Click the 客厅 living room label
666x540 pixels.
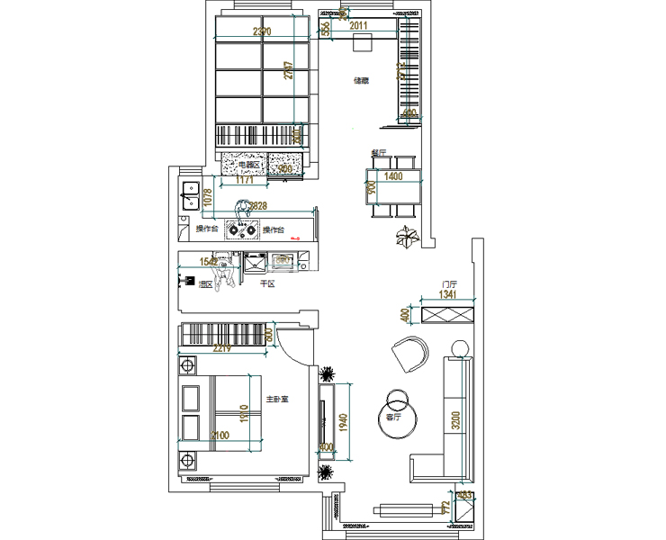pyautogui.click(x=393, y=418)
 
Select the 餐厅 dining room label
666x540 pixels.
pyautogui.click(x=379, y=153)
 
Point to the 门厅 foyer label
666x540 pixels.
pyautogui.click(x=440, y=283)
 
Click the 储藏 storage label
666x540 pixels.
pyautogui.click(x=362, y=81)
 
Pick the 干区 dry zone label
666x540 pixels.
pyautogui.click(x=266, y=283)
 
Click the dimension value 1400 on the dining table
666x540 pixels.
pyautogui.click(x=393, y=177)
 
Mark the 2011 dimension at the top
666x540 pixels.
pyautogui.click(x=358, y=25)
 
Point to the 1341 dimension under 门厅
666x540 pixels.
pyautogui.click(x=447, y=295)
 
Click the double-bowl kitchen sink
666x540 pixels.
pyautogui.click(x=190, y=196)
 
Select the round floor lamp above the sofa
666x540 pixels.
pyautogui.click(x=460, y=347)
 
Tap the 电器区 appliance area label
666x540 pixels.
pyautogui.click(x=247, y=166)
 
